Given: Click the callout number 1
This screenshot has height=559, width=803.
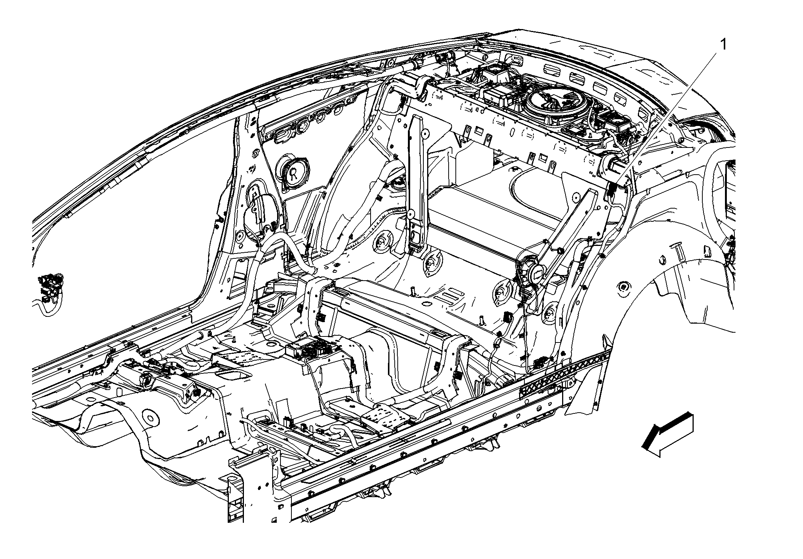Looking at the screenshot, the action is [x=723, y=45].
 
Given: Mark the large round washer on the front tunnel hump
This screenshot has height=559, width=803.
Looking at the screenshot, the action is [x=150, y=418].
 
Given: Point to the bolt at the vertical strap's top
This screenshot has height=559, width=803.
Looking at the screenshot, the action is [x=425, y=133].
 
